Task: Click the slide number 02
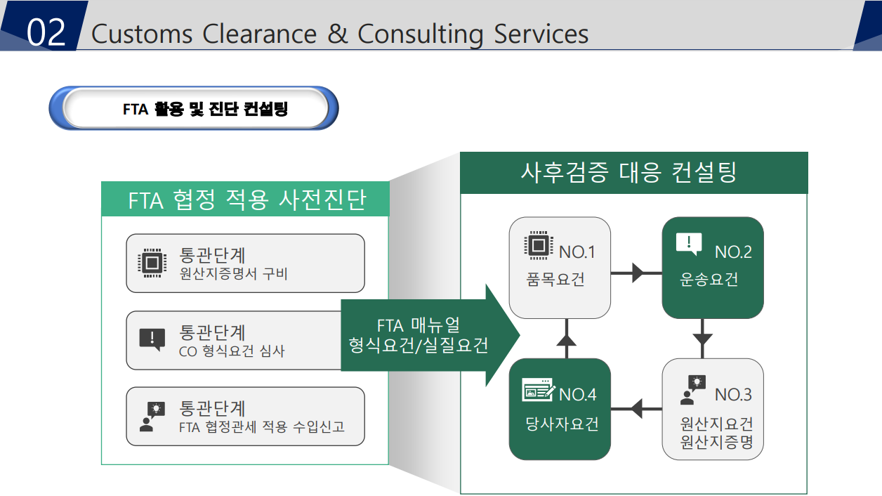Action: coord(46,32)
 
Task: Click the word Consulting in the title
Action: coord(421,34)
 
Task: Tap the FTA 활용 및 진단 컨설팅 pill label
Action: coord(205,109)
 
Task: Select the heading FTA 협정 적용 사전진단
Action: coord(247,200)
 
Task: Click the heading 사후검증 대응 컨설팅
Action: coord(628,173)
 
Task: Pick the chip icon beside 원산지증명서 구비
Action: coord(152,263)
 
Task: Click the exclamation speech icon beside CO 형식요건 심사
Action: coord(152,339)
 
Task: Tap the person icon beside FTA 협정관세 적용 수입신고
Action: coord(152,417)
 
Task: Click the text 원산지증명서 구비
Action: coord(234,273)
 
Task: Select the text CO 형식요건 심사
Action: coord(232,351)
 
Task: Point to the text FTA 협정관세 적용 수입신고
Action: coord(262,426)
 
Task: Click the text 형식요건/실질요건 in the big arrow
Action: coord(418,345)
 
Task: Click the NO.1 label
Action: coord(577,252)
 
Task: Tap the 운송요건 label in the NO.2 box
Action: coord(709,280)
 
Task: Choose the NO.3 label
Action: coord(733,395)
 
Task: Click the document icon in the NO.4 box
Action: coord(538,390)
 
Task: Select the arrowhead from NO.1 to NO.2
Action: coord(638,273)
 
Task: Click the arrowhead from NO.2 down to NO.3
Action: coord(702,339)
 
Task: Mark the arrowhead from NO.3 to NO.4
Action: coord(637,409)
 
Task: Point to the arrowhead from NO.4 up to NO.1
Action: coord(567,340)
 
